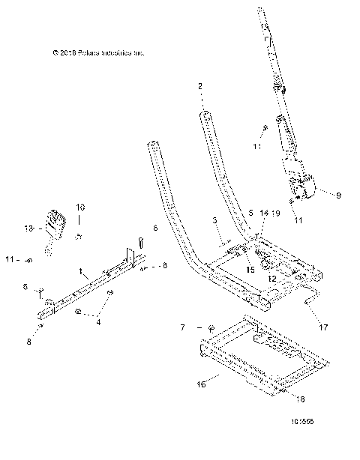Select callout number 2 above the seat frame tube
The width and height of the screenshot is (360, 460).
(x=200, y=87)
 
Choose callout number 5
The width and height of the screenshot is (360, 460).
(x=250, y=214)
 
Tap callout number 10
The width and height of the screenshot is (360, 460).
(x=82, y=206)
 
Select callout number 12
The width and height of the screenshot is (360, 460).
(x=271, y=279)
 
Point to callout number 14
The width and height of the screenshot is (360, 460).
(x=263, y=214)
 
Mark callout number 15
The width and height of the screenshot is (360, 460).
(x=250, y=270)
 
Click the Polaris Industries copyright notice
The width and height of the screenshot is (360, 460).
(x=98, y=52)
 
